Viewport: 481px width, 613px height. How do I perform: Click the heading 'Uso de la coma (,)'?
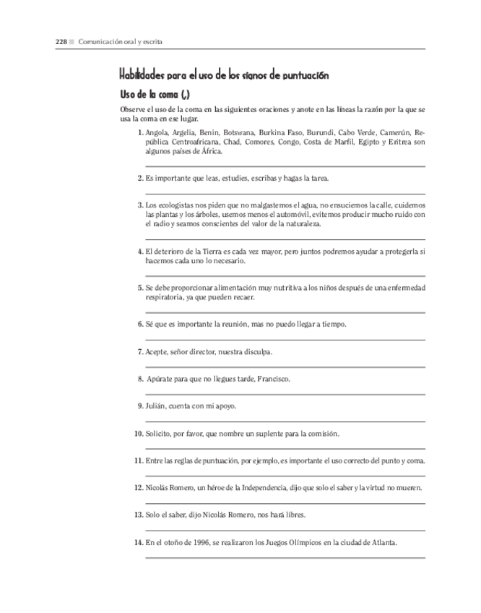click(x=155, y=94)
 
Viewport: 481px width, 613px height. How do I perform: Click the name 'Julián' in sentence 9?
click(x=155, y=406)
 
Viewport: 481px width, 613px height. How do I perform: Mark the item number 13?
click(x=138, y=515)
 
